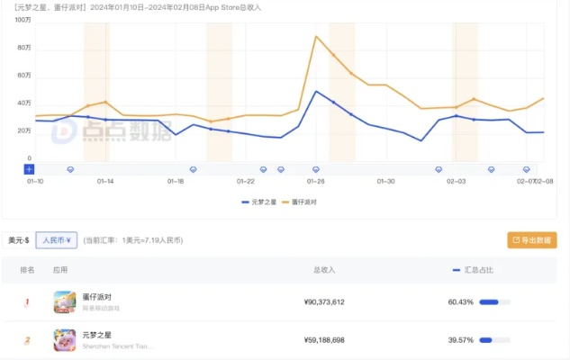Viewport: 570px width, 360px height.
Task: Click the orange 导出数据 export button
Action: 530,240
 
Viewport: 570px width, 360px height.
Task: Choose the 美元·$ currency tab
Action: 18,240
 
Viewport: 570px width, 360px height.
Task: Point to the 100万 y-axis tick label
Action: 23,19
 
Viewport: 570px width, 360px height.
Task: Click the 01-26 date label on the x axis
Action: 315,181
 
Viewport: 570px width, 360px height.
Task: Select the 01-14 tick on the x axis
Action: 105,181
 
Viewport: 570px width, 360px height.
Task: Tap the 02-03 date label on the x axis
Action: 456,181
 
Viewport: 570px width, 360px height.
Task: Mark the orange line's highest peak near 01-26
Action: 316,37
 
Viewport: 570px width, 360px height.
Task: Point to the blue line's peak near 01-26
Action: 316,91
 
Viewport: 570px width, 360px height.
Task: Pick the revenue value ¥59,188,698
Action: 323,340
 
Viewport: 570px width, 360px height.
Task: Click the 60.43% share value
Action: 460,302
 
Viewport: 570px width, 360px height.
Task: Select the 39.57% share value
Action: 460,340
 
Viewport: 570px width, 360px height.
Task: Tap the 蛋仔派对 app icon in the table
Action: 64,301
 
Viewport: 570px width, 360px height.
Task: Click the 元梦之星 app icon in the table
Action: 64,339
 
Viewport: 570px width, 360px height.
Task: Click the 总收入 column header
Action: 323,269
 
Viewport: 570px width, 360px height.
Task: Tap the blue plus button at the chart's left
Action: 29,169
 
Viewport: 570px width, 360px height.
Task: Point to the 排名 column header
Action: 27,269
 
